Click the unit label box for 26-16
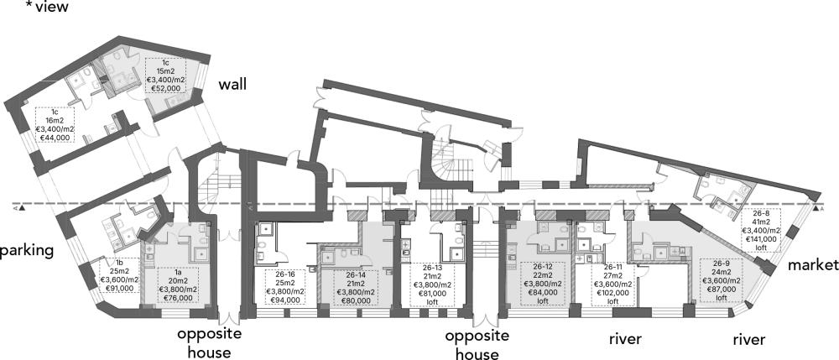(286, 287)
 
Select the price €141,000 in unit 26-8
(761, 240)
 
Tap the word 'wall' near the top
(232, 84)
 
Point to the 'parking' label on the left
(27, 251)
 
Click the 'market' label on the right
(813, 264)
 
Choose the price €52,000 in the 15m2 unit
(165, 88)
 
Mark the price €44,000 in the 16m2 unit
(55, 137)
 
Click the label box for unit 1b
(120, 275)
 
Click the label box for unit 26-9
(720, 280)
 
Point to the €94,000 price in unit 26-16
(286, 300)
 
